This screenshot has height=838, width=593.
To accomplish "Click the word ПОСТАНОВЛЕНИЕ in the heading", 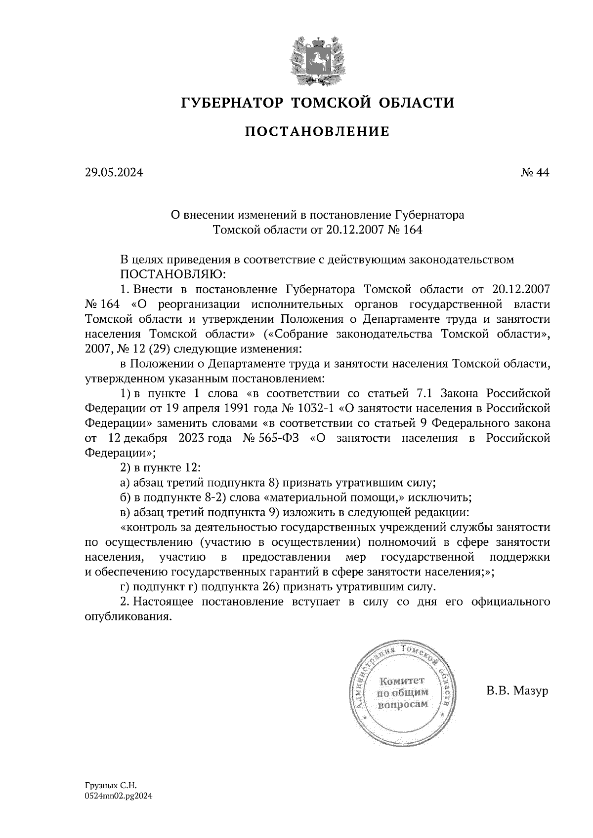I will [317, 132].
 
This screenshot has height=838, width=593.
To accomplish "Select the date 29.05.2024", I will [114, 172].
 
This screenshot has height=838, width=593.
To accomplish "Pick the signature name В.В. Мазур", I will [517, 690].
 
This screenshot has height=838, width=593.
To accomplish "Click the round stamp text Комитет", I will [402, 682].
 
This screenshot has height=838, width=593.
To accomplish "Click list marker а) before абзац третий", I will [125, 483].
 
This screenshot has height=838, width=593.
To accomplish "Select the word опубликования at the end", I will [128, 617].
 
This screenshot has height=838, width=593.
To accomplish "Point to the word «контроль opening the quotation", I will [146, 527].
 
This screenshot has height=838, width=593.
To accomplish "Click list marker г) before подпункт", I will [125, 587].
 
